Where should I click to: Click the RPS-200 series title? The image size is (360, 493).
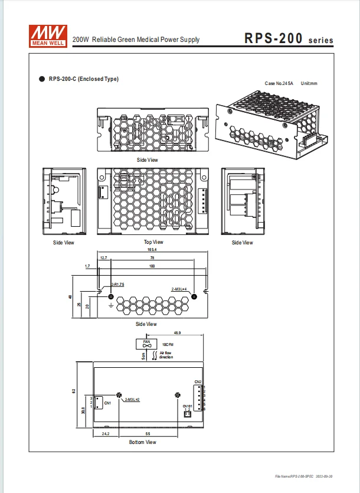pos(289,40)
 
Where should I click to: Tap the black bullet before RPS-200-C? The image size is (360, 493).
pos(42,79)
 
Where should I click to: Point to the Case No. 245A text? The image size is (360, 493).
pos(279,84)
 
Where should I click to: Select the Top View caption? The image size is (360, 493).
pos(153,242)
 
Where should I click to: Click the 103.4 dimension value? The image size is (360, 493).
pos(153,250)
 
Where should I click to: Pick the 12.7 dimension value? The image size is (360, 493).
pos(104,258)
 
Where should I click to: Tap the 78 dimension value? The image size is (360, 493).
pos(152,258)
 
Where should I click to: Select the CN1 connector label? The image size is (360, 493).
pos(107,403)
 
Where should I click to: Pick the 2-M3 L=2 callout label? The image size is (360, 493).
pos(132,400)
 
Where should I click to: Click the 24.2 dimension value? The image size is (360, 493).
pos(106,433)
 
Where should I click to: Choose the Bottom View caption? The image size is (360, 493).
pos(143,442)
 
